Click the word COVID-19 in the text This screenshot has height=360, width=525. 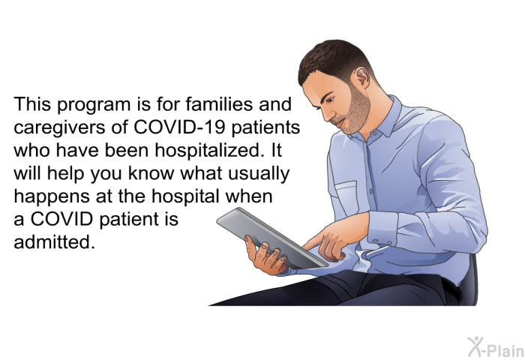coord(178,127)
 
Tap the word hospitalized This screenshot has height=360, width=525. coord(208,150)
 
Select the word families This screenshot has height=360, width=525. coord(219,104)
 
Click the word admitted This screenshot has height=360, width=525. coord(54,241)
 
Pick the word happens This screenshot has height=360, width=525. coord(52,197)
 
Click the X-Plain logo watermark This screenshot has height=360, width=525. coord(496,347)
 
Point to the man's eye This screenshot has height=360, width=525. coord(329,100)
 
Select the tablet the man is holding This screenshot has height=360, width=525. coord(271,238)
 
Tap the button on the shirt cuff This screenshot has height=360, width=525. coord(375,241)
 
